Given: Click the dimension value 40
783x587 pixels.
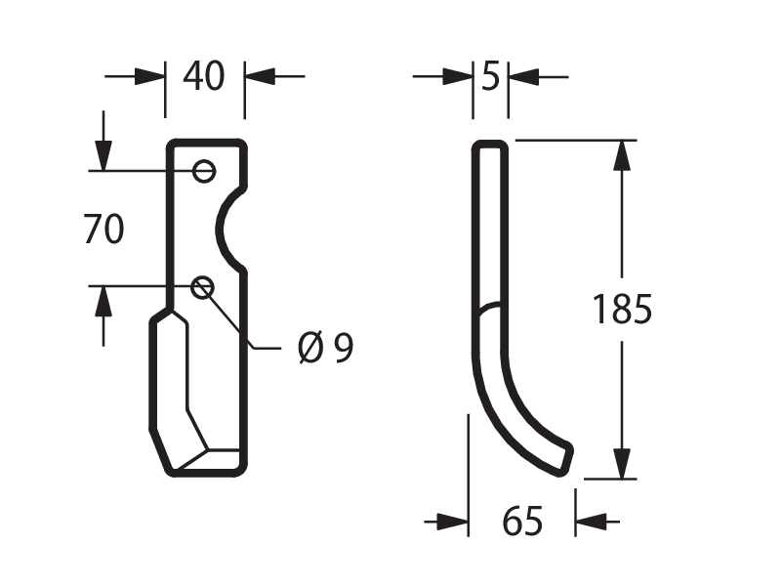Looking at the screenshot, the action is [204, 76].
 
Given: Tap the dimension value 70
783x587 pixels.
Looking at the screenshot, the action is [103, 230].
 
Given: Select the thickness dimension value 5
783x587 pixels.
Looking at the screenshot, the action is [490, 77].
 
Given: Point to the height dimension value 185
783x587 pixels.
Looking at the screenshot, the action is [622, 310].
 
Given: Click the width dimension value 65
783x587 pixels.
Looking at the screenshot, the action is [521, 521].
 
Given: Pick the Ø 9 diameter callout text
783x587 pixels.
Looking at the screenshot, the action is [325, 348].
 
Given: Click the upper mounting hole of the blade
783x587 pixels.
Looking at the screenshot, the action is [204, 171].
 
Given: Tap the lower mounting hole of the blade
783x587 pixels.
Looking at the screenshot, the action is [203, 287].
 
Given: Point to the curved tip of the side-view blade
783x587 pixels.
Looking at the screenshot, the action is [563, 457].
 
